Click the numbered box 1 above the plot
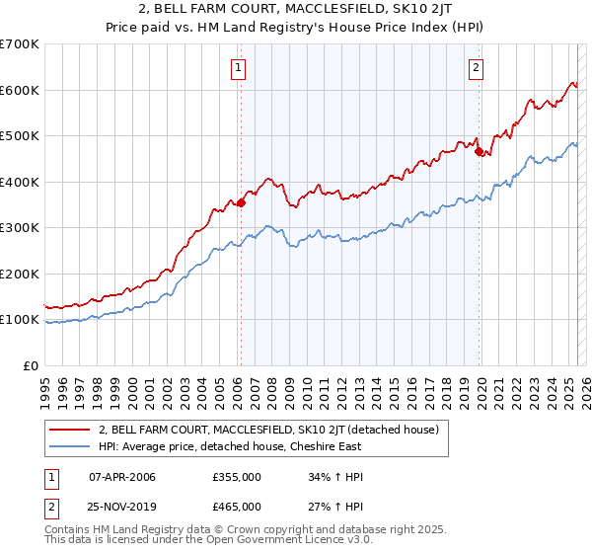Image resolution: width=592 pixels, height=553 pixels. tap(239, 68)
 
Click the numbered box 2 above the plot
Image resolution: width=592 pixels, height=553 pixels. tap(476, 68)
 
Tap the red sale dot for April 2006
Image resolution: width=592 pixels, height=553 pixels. tap(240, 202)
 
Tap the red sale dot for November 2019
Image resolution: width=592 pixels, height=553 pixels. tap(479, 152)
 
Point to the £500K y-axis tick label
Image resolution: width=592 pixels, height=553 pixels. tap(20, 135)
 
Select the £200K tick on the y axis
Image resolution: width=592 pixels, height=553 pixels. tap(20, 274)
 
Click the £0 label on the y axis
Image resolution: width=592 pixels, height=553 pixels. tap(31, 365)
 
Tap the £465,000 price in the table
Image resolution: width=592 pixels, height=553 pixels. tap(237, 506)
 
